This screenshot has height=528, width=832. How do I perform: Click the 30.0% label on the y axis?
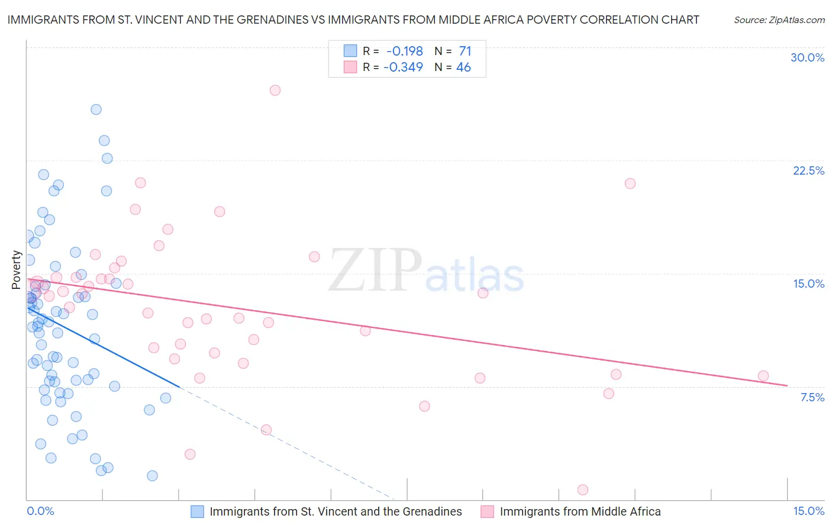807,57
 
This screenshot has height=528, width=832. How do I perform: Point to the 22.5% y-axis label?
808,170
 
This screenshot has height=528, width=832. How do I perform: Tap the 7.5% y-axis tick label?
812,397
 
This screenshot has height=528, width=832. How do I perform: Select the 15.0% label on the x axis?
808,511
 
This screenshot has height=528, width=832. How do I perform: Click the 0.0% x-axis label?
40,511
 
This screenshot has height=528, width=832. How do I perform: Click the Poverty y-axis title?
17,270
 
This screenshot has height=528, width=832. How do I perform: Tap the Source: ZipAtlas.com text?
779,20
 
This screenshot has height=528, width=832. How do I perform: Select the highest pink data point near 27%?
275,91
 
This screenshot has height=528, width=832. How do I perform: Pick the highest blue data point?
96,110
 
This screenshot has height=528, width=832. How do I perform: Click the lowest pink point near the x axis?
582,490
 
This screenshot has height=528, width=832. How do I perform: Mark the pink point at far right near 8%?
763,376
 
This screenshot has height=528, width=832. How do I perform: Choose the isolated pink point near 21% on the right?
630,183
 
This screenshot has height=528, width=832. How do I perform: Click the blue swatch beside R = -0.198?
350,51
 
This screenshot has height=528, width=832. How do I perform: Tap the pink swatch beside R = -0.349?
350,67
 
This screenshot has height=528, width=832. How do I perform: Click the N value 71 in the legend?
465,51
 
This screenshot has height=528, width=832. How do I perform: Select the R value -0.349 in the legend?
403,67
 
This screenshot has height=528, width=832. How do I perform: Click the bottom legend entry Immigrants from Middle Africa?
580,511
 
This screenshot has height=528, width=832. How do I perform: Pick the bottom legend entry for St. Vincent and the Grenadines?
336,511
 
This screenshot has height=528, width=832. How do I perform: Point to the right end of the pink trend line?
787,385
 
